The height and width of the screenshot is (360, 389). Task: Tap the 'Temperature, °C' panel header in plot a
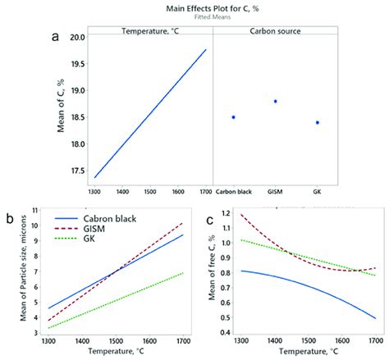click(x=149, y=32)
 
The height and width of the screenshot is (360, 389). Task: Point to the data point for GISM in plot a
click(x=275, y=102)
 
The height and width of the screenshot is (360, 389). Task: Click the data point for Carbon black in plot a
click(x=233, y=117)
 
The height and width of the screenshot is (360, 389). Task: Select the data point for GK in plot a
click(x=317, y=122)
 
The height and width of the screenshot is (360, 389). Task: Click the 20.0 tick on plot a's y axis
click(x=74, y=38)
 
